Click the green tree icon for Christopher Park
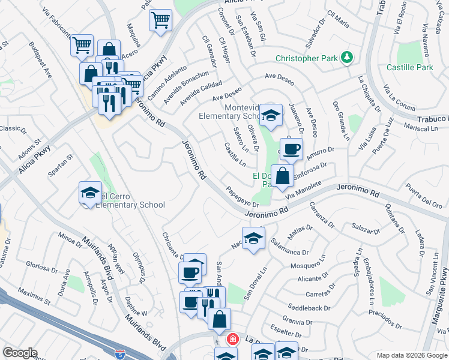[x=346, y=58]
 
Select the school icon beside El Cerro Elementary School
[x=90, y=193]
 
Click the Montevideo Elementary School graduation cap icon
[x=271, y=115]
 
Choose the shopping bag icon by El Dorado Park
[x=283, y=175]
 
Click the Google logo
[x=20, y=352]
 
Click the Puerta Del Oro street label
[x=424, y=196]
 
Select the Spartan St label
[x=61, y=166]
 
